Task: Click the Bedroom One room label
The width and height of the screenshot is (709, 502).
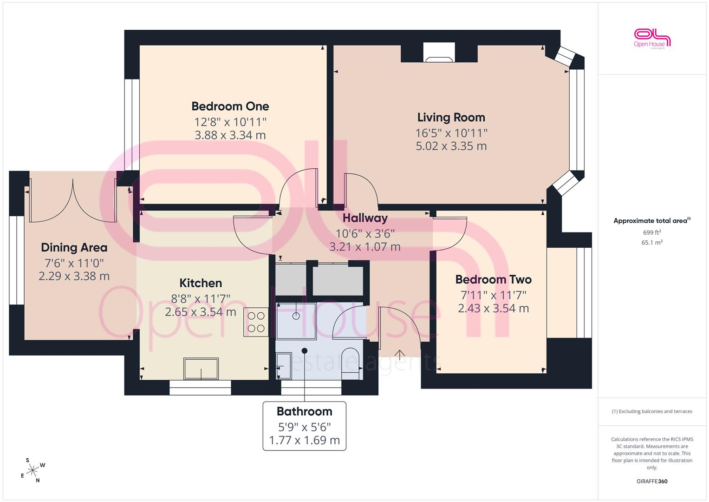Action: (x=230, y=106)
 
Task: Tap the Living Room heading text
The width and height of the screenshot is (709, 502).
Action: (x=451, y=118)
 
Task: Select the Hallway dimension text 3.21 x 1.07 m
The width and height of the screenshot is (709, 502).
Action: (x=365, y=246)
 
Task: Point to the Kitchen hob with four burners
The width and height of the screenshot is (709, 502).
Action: (x=256, y=322)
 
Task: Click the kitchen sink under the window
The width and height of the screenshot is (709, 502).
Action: (x=201, y=368)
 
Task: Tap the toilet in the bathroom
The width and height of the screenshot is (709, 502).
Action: (x=352, y=364)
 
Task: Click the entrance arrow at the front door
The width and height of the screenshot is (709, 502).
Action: (x=400, y=355)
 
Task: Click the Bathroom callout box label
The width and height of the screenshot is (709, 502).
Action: (x=305, y=411)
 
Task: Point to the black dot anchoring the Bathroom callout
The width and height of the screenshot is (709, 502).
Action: (x=305, y=350)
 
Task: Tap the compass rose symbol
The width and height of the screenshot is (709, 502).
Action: (x=33, y=470)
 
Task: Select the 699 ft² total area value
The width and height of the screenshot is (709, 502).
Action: (x=652, y=232)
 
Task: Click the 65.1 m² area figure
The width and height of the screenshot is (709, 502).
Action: (x=652, y=243)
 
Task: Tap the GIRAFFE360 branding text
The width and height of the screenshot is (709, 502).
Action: (x=652, y=481)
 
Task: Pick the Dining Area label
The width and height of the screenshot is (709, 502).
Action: (x=74, y=247)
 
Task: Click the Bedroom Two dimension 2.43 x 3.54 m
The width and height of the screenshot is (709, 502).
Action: (x=493, y=308)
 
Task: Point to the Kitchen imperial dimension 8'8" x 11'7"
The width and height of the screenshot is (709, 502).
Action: (x=201, y=298)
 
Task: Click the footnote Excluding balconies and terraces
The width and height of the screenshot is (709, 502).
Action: (x=652, y=411)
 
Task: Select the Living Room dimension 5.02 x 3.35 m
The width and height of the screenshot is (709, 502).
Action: (x=451, y=146)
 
